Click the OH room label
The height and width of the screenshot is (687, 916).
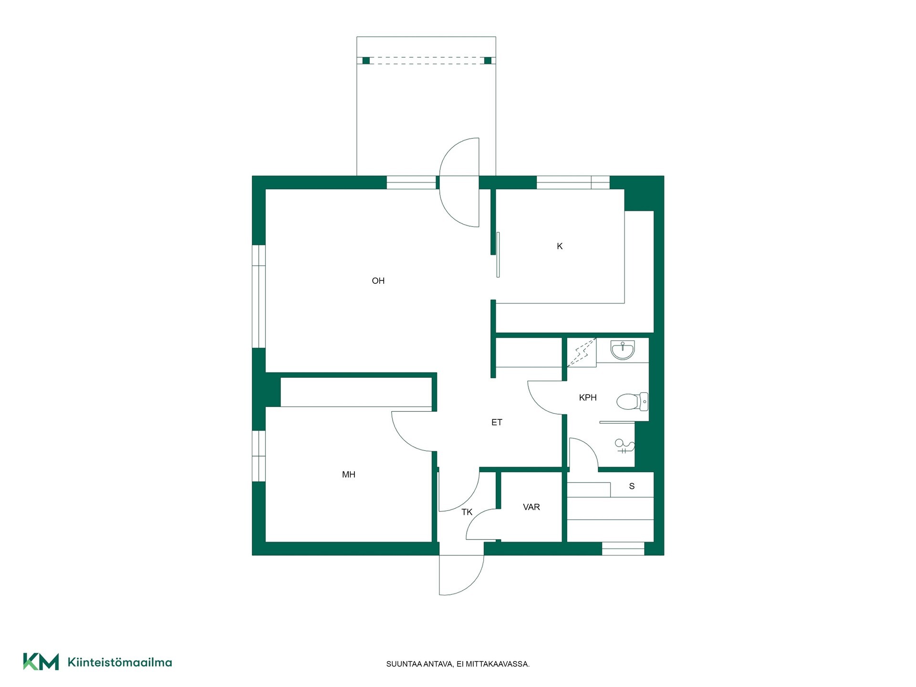coord(378,281)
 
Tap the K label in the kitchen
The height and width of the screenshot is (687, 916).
coord(560,246)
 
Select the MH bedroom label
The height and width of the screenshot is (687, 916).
coord(349,475)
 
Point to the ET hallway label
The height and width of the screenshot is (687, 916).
coord(497,422)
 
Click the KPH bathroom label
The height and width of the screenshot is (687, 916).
coord(588,397)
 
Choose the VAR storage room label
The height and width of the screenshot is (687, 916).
coord(531,507)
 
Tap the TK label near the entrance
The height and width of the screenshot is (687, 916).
coord(467,512)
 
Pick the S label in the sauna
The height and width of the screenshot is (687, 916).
coord(632,486)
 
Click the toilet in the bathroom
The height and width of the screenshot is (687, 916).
coord(632,402)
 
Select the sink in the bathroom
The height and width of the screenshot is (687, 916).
coord(623,350)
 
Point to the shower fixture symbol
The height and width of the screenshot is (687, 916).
coord(625,446)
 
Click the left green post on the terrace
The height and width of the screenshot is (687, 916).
coord(366,61)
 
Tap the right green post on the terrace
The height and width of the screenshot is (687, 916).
coord(488,61)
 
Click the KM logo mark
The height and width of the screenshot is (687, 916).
coord(41,662)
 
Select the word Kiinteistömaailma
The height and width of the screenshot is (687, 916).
coord(120,662)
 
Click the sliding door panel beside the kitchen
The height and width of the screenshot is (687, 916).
coord(498,255)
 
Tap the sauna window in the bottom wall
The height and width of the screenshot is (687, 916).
coord(623,549)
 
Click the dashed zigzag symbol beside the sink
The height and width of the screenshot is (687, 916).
coord(582,353)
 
